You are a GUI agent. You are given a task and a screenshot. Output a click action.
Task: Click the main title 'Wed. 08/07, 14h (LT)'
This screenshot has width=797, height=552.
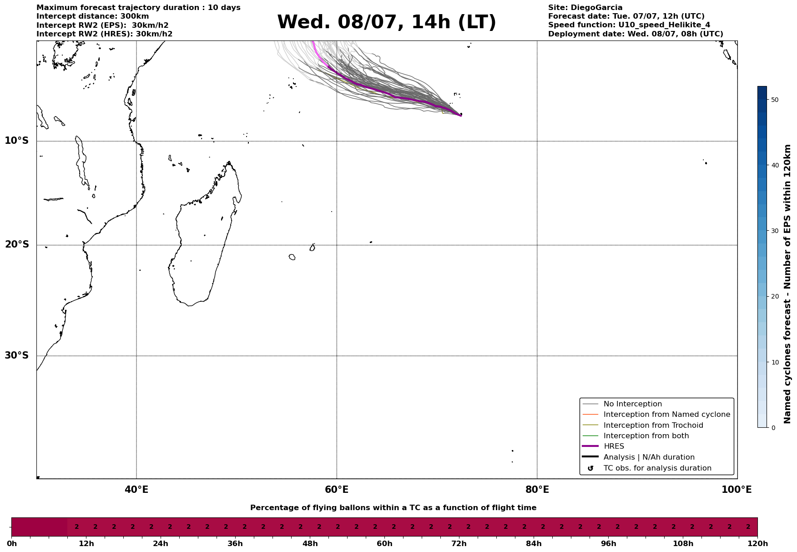tap(387, 22)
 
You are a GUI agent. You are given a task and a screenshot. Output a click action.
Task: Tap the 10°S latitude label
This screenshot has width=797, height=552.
tap(17, 141)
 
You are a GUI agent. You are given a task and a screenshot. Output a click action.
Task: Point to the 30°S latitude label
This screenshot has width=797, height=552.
tap(17, 355)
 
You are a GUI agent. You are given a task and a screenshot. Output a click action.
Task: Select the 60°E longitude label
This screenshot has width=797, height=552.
tap(337, 490)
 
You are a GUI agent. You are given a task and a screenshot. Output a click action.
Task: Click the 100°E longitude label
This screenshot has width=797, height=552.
tap(736, 490)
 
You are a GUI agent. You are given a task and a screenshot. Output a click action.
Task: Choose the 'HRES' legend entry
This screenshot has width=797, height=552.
tap(614, 446)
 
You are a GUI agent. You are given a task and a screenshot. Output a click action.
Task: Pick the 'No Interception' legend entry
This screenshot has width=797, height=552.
tap(633, 404)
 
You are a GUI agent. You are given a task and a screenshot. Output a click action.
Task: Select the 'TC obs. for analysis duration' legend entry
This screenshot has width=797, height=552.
tap(657, 468)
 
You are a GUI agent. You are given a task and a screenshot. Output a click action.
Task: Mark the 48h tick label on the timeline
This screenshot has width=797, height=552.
tap(310, 544)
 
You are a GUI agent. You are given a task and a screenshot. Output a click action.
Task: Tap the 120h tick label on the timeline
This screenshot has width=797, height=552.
tap(757, 544)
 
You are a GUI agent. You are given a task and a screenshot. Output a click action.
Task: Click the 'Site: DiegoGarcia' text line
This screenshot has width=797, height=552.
tap(585, 8)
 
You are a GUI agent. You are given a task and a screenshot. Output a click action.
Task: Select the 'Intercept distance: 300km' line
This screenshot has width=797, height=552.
tap(92, 16)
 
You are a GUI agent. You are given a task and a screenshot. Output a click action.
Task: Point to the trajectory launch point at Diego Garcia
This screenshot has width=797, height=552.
tap(461, 116)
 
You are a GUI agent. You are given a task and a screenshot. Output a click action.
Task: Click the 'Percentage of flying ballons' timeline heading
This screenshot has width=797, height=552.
tap(393, 508)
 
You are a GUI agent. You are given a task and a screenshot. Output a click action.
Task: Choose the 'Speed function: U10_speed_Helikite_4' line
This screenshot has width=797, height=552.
tap(629, 25)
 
